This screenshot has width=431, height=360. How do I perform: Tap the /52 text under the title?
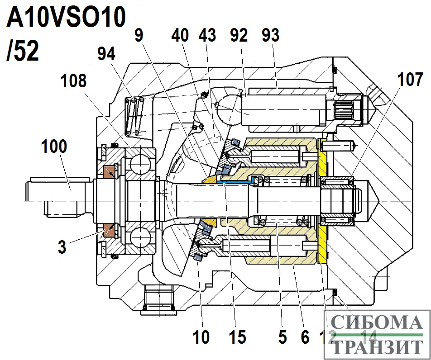[x=23, y=51]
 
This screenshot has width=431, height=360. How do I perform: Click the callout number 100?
[x=54, y=147]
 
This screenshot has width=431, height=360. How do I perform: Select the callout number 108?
[x=74, y=81]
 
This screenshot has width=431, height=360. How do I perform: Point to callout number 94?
[x=106, y=54]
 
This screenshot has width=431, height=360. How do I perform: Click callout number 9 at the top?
[x=139, y=36]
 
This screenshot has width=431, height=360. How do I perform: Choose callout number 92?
[x=239, y=36]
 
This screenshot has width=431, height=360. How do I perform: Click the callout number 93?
[x=271, y=36]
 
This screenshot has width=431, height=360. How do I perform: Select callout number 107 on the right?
[x=411, y=80]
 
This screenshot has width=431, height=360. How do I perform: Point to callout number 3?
[x=62, y=247]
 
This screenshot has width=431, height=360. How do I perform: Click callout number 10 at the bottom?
[x=201, y=336]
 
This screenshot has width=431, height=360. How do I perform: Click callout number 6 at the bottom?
[x=304, y=336]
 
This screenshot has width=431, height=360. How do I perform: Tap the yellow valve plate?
[x=322, y=204]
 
